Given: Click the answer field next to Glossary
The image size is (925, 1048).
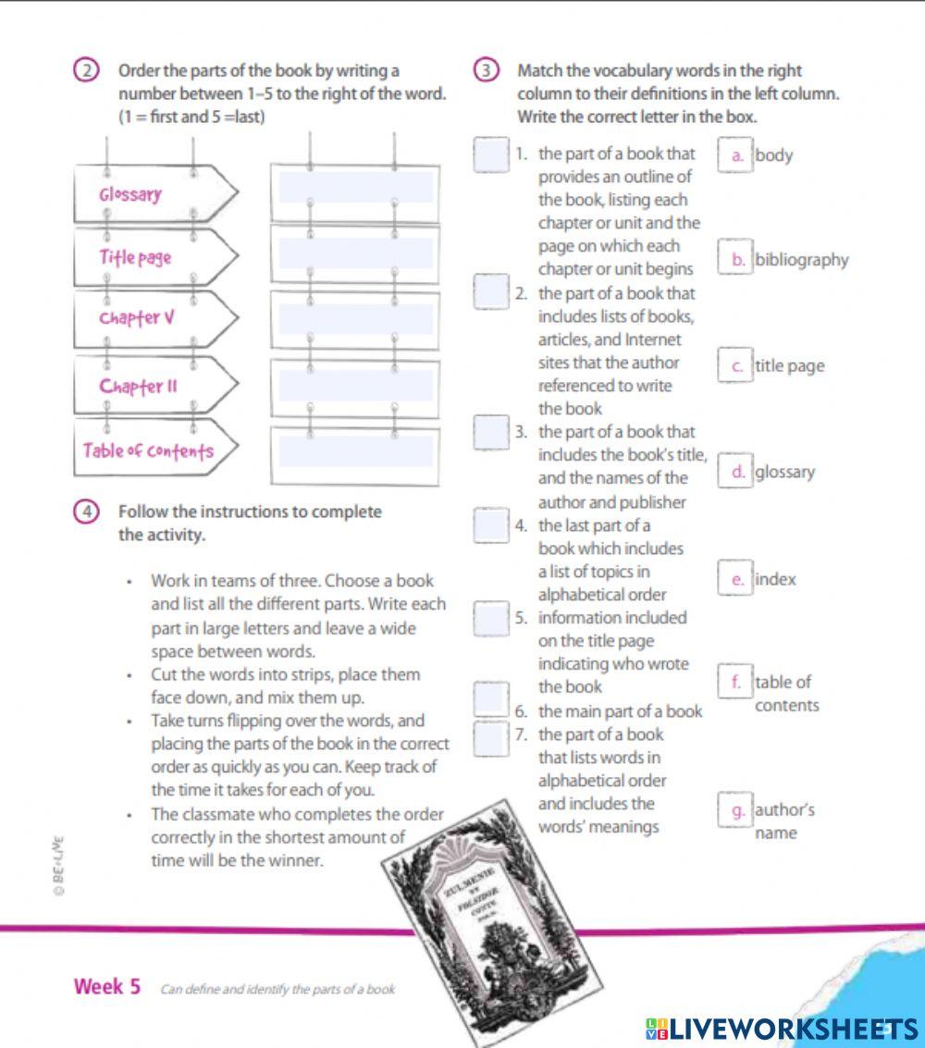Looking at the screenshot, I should point(355,188).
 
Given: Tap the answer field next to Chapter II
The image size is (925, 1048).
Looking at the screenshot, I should point(355,385).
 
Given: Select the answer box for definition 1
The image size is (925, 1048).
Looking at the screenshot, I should point(491,154).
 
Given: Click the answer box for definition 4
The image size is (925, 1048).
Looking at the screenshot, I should point(491,525).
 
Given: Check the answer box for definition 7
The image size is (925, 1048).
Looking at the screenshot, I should point(491,737).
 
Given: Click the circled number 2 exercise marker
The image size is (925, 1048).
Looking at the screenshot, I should point(84,71).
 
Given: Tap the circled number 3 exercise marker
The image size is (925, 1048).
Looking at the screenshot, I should point(484,71).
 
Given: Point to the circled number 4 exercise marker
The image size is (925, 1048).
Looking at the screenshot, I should point(84,512).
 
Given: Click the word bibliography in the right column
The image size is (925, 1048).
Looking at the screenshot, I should point(801,260).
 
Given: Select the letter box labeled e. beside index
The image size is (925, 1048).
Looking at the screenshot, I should point(737,580).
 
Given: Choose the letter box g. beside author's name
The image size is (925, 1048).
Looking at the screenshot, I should point(737,811).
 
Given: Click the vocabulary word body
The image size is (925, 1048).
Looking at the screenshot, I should point(774,155).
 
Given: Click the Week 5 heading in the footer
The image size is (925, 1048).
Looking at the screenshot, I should point(107,987).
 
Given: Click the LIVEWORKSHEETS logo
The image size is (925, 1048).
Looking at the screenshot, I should point(782,1029).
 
